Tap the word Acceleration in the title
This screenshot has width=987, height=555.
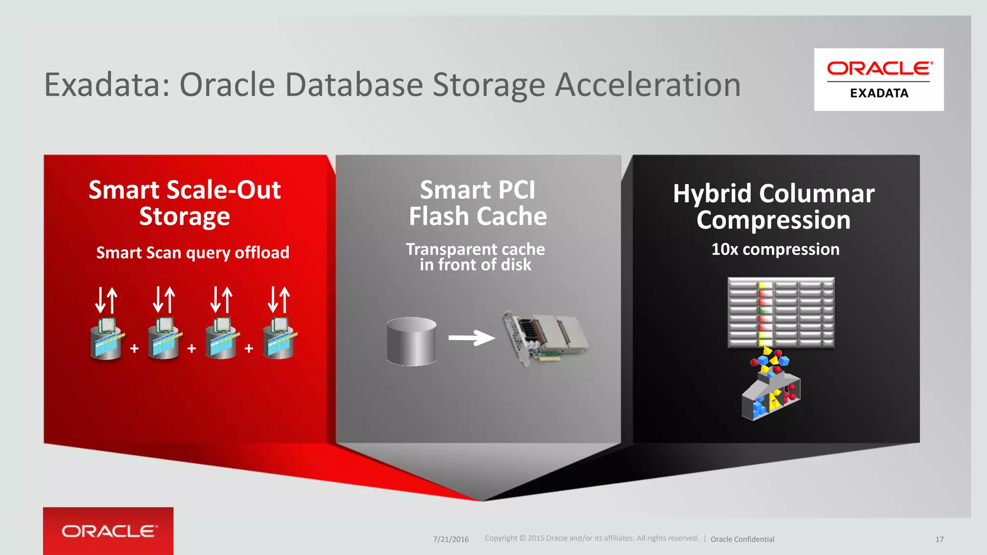click(648, 85)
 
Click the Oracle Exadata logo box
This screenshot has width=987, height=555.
click(879, 79)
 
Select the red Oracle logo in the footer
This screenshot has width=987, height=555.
click(108, 531)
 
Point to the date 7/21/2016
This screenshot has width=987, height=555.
click(451, 539)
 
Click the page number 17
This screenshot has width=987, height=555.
click(939, 539)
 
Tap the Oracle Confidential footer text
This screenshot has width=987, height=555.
click(742, 539)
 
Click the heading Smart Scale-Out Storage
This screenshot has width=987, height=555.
click(185, 203)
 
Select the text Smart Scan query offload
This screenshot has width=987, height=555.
click(193, 252)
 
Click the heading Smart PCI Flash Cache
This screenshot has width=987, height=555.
click(478, 203)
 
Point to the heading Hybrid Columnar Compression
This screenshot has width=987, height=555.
click(774, 206)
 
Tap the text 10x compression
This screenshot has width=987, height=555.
click(775, 249)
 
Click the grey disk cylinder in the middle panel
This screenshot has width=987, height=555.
click(411, 341)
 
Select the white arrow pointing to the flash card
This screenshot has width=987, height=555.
click(471, 338)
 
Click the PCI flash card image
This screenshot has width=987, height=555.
click(545, 337)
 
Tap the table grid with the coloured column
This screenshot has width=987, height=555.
click(781, 312)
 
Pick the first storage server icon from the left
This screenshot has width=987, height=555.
click(107, 339)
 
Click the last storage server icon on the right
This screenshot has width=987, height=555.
click(280, 339)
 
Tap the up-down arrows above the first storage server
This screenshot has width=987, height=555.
click(107, 300)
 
